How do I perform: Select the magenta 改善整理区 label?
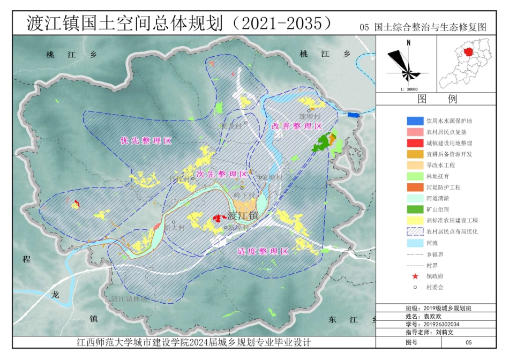[x=296, y=126]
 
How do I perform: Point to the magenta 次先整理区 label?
[x=222, y=174]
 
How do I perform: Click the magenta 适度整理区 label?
[x=263, y=251]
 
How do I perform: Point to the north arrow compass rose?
[x=407, y=63]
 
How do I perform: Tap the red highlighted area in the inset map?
[x=469, y=52]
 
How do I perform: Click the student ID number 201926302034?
[x=442, y=324]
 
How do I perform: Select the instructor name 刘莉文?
[x=444, y=332]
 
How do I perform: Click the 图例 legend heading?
[x=444, y=99]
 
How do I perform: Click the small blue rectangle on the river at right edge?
[x=354, y=114]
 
